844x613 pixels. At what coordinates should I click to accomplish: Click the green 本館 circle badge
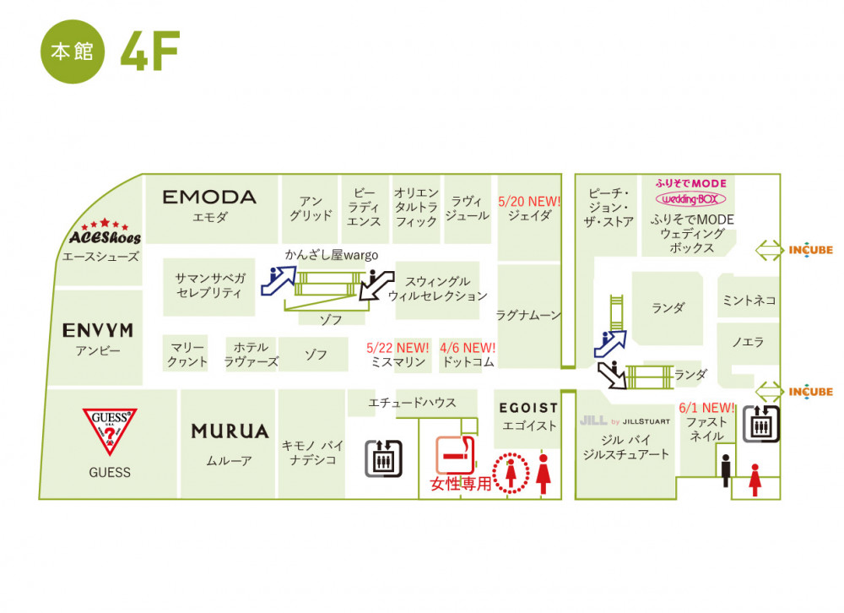(73, 52)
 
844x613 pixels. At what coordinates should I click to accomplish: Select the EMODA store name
(209, 197)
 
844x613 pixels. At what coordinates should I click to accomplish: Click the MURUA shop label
(230, 431)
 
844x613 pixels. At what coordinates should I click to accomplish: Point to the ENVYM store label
(98, 330)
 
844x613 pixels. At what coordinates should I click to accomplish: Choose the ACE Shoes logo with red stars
(105, 232)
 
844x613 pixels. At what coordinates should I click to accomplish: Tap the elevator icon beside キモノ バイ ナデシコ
(383, 458)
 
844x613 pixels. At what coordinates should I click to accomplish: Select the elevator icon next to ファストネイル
(761, 425)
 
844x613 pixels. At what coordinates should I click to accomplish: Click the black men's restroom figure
(726, 470)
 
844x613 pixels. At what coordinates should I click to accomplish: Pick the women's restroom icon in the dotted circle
(511, 473)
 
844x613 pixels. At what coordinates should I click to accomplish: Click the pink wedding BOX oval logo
(690, 199)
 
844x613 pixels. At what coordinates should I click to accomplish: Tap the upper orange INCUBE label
(810, 250)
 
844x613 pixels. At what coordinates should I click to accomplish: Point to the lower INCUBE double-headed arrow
(770, 392)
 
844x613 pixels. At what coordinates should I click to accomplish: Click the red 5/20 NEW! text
(529, 202)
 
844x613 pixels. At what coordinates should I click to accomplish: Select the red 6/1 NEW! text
(706, 408)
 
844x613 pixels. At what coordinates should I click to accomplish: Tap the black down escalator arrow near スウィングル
(376, 285)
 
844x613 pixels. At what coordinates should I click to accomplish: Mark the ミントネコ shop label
(749, 300)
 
